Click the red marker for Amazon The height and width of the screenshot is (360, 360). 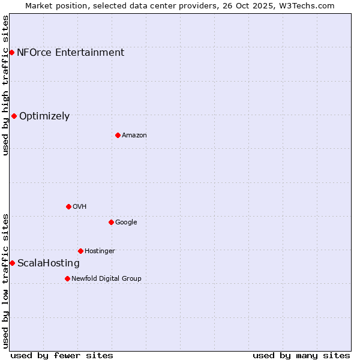coord(118,135)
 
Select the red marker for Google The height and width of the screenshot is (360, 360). coord(111,222)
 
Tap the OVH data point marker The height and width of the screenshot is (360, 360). coord(68,206)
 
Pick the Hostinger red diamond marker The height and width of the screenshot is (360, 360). coord(80,251)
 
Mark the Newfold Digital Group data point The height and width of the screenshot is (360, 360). coord(67,278)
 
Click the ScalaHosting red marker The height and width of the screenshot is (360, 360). coord(12,263)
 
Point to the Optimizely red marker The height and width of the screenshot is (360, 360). coord(14,116)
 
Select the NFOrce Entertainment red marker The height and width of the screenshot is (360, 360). coord(11,52)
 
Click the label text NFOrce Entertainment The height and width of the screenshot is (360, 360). coord(70,52)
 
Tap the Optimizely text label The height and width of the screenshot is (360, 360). coord(44,116)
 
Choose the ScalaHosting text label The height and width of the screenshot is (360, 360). coord(49,263)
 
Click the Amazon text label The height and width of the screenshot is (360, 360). coord(134,135)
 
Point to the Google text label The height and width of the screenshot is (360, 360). coord(126,222)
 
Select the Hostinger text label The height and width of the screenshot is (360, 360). coord(100,251)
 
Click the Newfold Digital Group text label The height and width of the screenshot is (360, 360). coord(106,278)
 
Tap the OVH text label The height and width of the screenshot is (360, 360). coord(80,206)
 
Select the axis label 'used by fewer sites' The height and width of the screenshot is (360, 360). coord(62,355)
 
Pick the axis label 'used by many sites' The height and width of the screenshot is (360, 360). coord(301,355)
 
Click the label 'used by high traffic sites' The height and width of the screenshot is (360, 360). coord(5,85)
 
